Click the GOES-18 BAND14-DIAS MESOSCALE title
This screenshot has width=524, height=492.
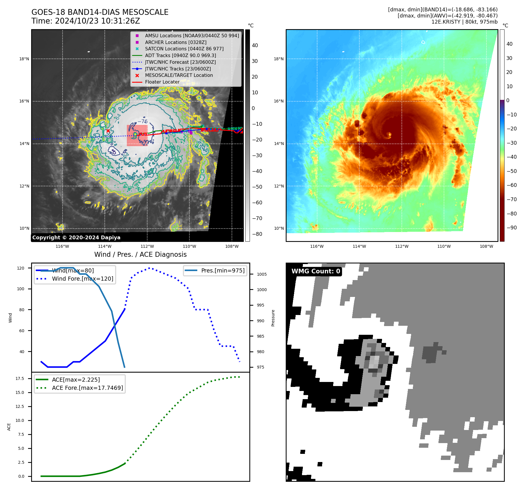[100, 12]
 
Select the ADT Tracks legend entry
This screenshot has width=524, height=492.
[180, 55]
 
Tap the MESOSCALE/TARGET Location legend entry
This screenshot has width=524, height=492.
[179, 75]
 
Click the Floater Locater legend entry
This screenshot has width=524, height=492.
[162, 82]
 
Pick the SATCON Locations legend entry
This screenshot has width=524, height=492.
[184, 49]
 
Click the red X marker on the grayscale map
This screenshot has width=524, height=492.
[108, 131]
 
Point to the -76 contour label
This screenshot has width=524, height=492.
[143, 121]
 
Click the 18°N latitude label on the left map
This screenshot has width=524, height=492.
[24, 59]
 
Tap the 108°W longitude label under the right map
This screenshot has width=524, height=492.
[486, 246]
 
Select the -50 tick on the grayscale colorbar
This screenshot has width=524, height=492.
[257, 187]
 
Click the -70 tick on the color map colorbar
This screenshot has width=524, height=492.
[511, 199]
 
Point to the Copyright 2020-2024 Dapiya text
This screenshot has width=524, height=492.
[76, 238]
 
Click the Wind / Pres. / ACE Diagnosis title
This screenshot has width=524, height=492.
[140, 254]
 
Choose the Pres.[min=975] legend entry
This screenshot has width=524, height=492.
[223, 270]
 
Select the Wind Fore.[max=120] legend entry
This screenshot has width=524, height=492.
[82, 279]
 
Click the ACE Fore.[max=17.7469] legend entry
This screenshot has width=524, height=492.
[87, 388]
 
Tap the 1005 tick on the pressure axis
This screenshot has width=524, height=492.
[262, 274]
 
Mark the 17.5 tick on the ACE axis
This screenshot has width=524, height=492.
[20, 378]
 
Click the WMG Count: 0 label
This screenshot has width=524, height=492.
[316, 271]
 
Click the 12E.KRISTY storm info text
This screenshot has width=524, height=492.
[464, 22]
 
